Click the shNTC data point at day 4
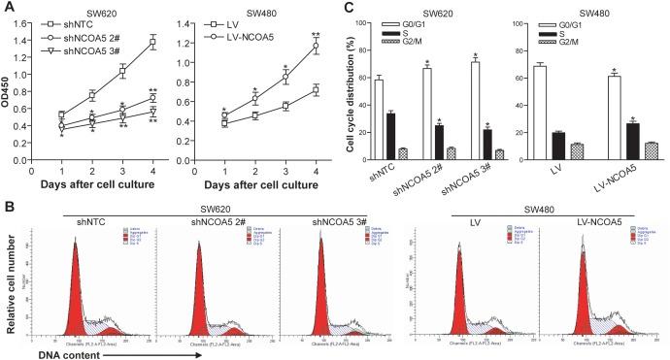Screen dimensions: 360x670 click(152, 41)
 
